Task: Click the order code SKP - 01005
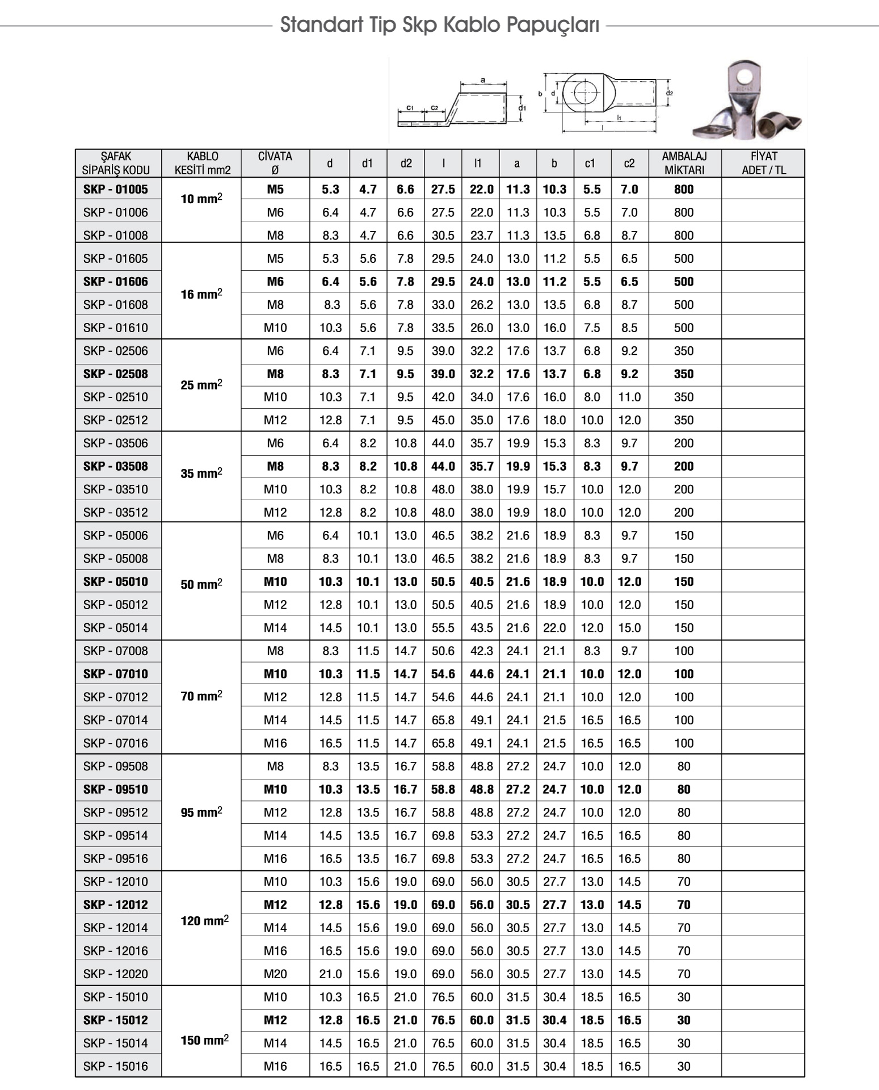115,190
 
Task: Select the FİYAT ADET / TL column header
763,163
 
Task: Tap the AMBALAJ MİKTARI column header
684,163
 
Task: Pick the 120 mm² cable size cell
204,921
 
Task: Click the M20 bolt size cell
275,974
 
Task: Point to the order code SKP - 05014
115,628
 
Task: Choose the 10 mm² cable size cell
201,199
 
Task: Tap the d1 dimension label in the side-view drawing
522,108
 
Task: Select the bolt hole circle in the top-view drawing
584,93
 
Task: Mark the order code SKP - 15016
115,1066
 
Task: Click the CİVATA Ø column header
275,163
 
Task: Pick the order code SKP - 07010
115,674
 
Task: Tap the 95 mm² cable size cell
201,812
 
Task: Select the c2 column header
629,163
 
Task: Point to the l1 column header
478,163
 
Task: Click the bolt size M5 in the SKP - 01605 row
275,259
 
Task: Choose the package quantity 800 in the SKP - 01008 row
684,236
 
